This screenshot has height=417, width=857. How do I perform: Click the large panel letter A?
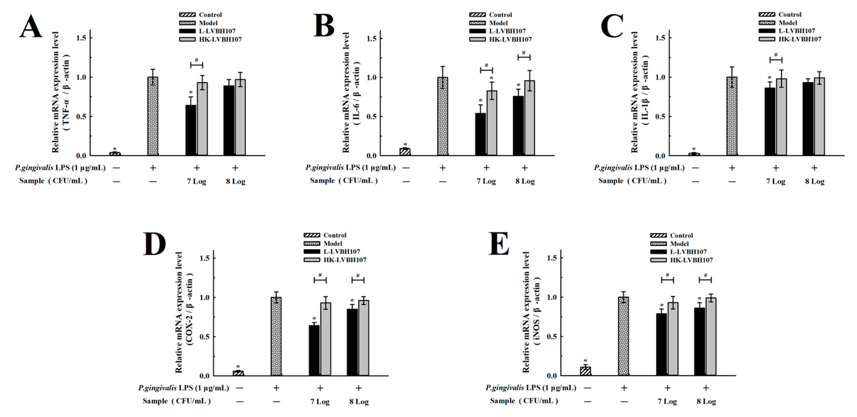[x=31, y=27]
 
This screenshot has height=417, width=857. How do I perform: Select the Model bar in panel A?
[x=153, y=116]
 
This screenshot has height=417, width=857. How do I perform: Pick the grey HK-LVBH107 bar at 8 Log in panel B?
[x=529, y=118]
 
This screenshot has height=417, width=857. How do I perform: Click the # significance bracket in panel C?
[x=776, y=58]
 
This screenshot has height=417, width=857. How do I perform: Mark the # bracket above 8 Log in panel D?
[x=358, y=278]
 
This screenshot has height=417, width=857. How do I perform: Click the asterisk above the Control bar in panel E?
[x=585, y=361]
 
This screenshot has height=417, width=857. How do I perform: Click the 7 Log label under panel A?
[x=197, y=182]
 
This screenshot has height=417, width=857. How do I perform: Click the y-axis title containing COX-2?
[x=184, y=312]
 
